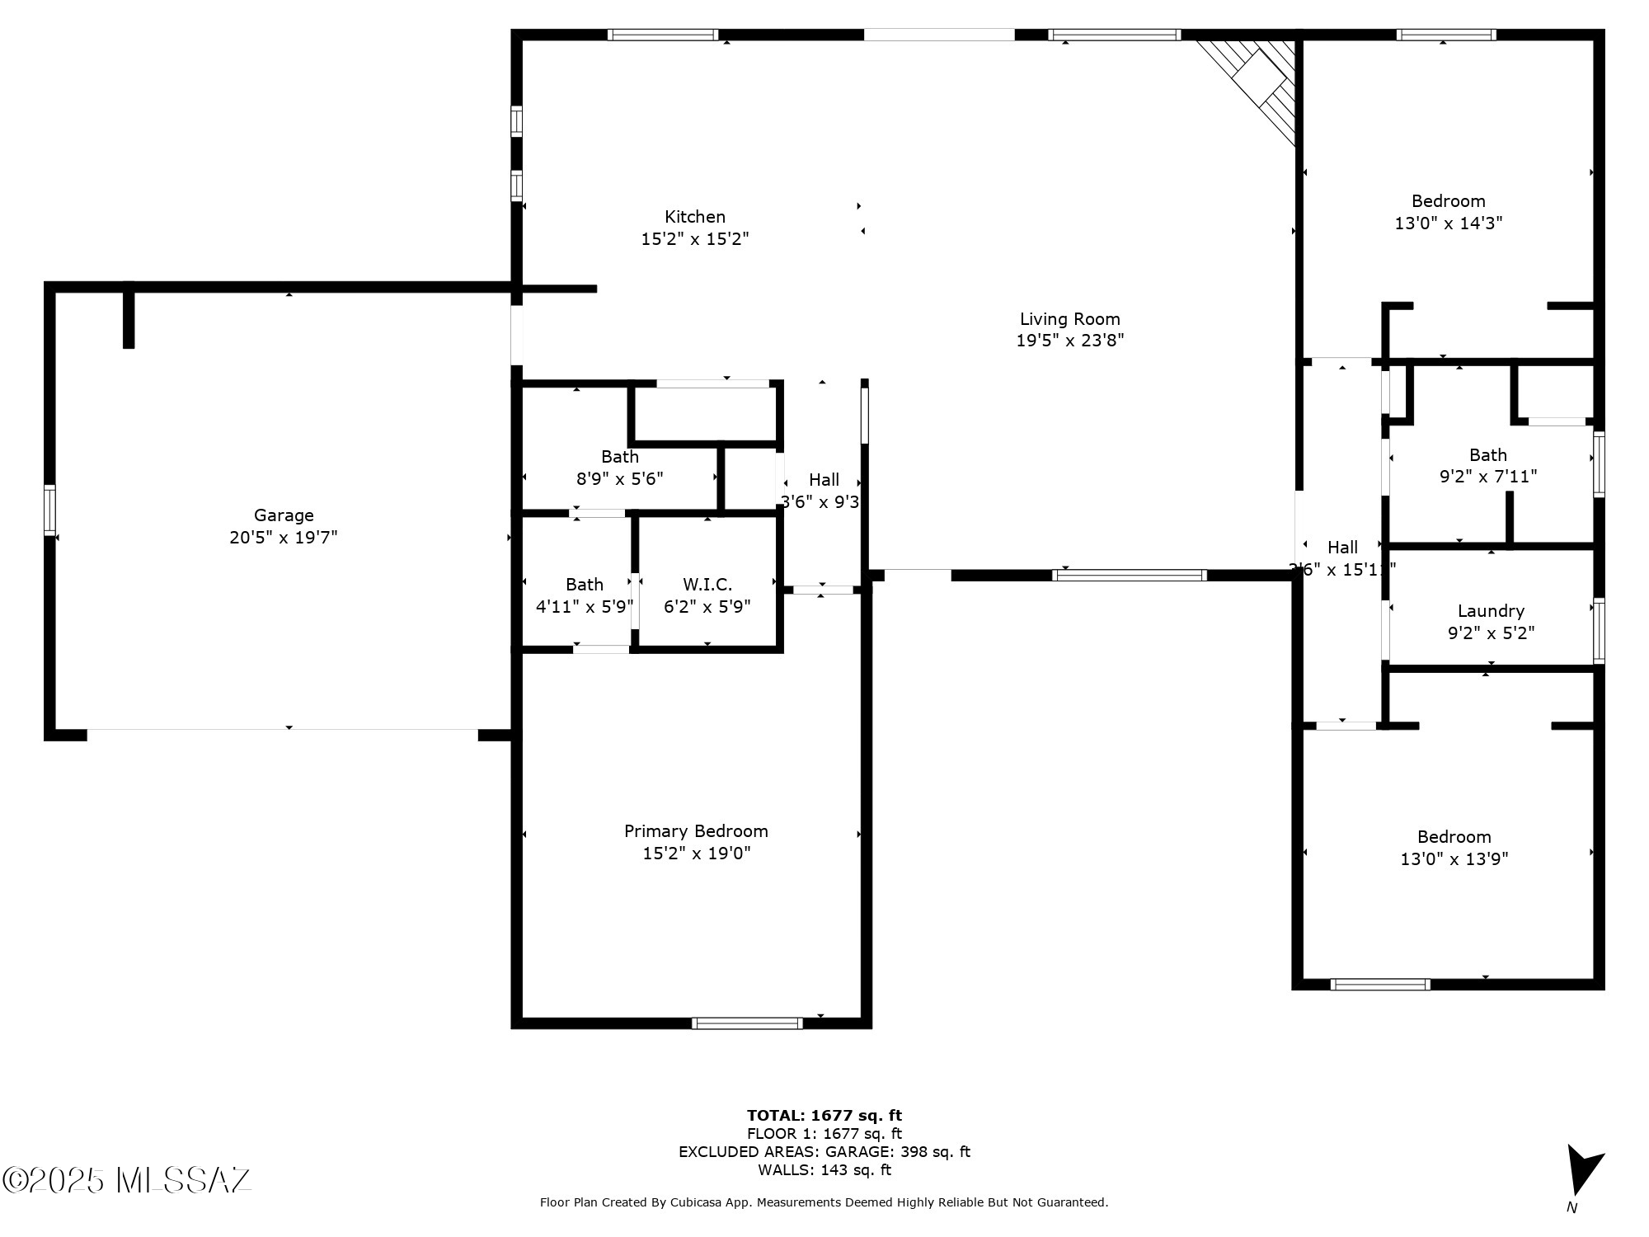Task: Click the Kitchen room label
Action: click(x=695, y=217)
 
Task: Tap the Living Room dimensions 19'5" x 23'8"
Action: click(x=1069, y=341)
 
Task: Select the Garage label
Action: click(x=284, y=515)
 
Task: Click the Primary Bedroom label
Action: click(x=696, y=831)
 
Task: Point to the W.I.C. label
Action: click(x=707, y=585)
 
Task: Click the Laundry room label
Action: click(x=1491, y=611)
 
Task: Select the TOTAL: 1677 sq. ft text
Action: click(x=824, y=1116)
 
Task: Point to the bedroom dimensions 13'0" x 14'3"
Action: click(x=1449, y=223)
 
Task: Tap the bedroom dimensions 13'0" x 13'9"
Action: click(x=1454, y=858)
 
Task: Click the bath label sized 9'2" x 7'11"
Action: click(x=1488, y=455)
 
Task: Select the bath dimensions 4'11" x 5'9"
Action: click(x=585, y=606)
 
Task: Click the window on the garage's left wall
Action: click(x=50, y=511)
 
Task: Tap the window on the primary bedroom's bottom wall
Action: click(x=747, y=1023)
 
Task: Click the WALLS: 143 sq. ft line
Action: click(x=824, y=1169)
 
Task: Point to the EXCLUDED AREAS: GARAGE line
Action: click(x=824, y=1151)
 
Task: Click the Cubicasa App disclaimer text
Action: click(x=824, y=1202)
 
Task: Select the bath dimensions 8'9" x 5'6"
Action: click(x=619, y=478)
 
